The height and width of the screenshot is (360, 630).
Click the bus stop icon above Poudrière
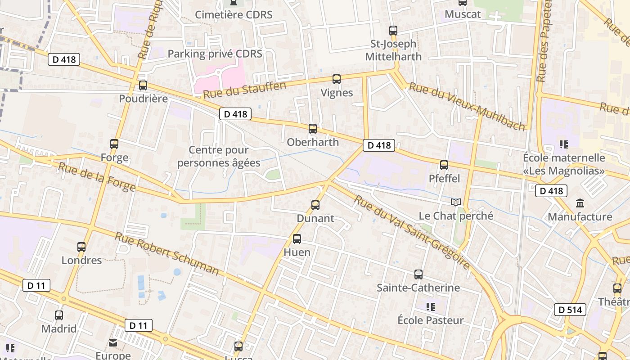click(x=143, y=85)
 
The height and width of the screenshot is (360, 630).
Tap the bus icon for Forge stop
click(x=114, y=144)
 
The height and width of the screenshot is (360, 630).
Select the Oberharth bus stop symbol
click(x=313, y=129)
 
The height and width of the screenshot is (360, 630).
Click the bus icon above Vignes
click(x=337, y=79)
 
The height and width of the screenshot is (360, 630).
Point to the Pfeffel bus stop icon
click(x=444, y=165)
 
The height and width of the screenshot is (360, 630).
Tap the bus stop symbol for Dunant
click(x=315, y=205)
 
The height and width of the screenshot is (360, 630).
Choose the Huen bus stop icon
click(x=297, y=239)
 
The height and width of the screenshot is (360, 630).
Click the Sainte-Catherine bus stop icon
click(x=418, y=274)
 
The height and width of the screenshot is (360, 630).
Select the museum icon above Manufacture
click(x=580, y=203)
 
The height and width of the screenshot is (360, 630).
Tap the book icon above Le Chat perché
click(x=456, y=202)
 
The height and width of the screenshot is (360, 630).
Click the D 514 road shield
click(x=570, y=310)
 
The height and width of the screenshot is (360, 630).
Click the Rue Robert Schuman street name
click(x=167, y=254)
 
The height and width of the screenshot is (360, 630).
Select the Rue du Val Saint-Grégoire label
click(x=412, y=232)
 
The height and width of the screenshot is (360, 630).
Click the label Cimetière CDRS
click(x=234, y=14)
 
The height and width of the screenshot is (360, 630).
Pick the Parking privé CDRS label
click(x=215, y=54)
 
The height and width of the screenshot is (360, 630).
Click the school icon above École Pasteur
click(x=431, y=307)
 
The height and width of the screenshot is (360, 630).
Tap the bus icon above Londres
click(x=81, y=247)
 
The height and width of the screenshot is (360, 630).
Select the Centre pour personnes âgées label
click(x=219, y=156)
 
